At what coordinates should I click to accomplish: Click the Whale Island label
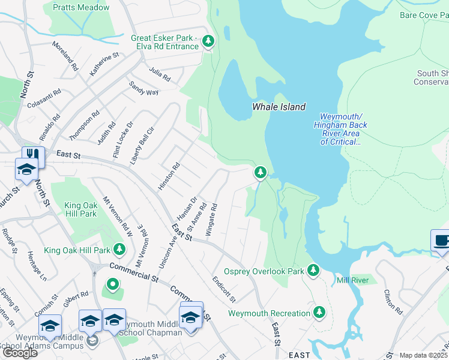point(279,107)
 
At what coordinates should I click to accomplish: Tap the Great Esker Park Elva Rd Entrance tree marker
point(208,41)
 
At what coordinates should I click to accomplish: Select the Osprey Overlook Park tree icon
point(313,271)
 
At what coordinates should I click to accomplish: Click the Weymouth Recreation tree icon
point(320,313)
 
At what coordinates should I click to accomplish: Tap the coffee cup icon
point(441,241)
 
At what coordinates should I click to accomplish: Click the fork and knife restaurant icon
point(34,157)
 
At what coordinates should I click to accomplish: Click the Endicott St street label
point(224,289)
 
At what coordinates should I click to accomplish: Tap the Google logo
point(19,353)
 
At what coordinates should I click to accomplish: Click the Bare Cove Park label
point(423,14)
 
